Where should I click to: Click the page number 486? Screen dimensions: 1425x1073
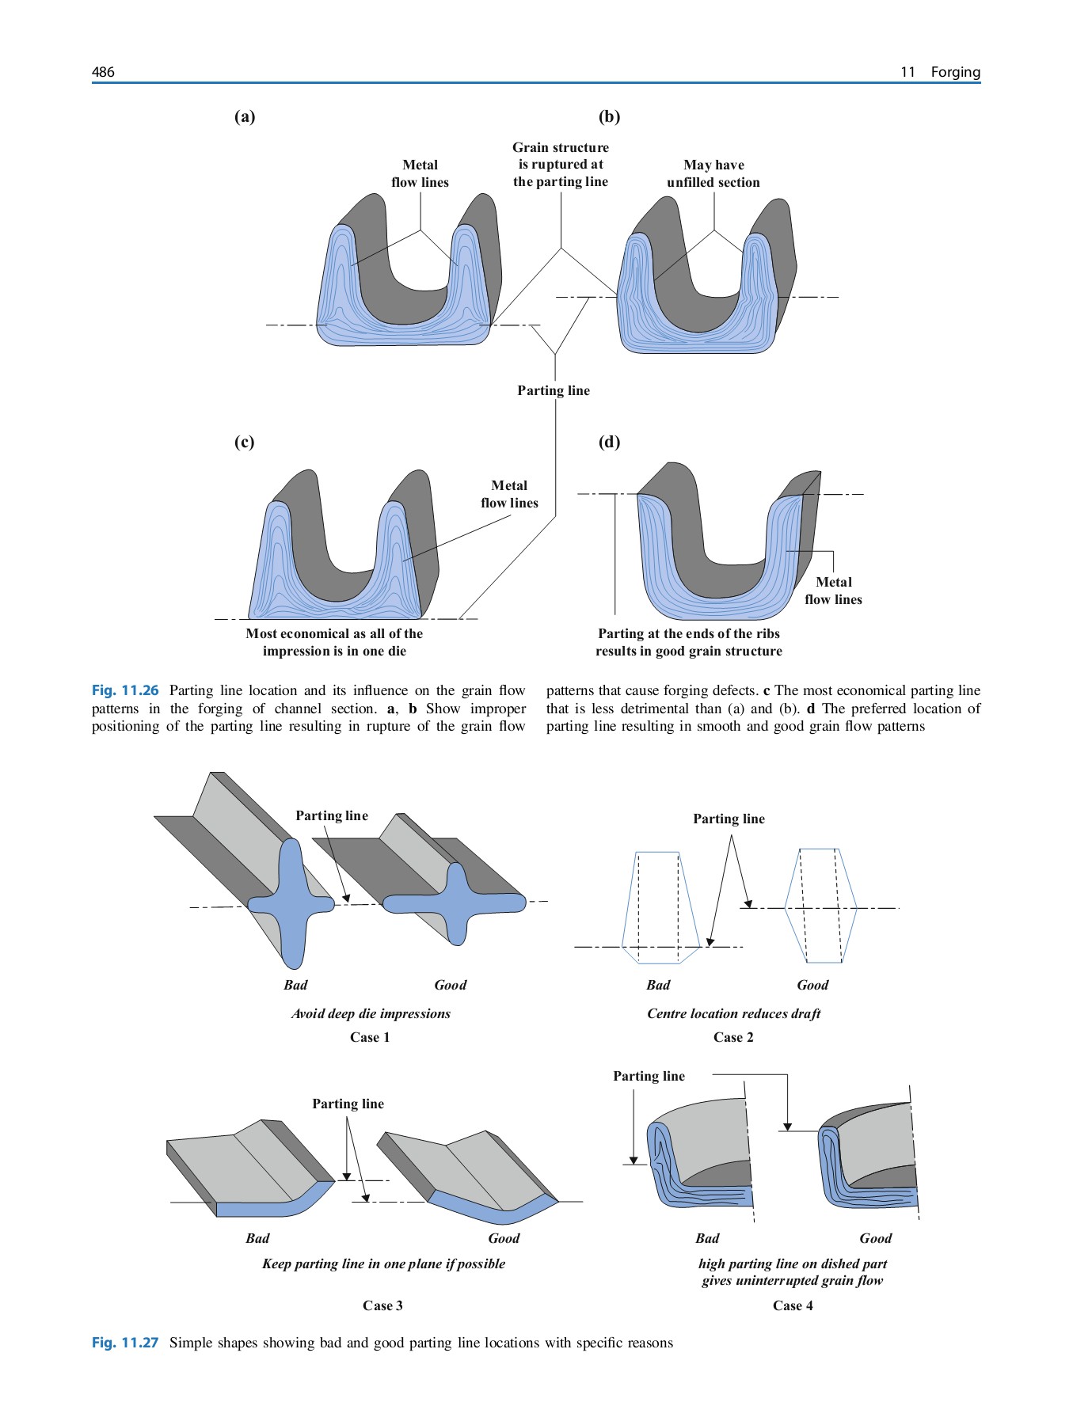point(103,72)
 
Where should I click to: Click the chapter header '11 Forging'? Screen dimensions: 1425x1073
point(940,72)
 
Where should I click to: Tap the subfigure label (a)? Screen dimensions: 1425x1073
point(245,117)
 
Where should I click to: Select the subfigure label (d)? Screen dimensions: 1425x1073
point(609,442)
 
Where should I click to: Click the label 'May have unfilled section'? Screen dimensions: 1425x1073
point(713,173)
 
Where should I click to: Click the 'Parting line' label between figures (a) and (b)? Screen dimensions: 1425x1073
point(554,390)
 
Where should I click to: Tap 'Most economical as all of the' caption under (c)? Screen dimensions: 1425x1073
point(334,634)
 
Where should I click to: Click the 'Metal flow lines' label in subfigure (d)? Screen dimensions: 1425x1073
point(833,591)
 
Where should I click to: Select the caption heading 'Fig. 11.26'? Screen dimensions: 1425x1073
point(125,690)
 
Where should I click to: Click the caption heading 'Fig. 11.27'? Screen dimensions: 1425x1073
point(125,1343)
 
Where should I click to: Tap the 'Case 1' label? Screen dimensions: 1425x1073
point(370,1037)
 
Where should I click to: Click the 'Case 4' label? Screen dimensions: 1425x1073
point(793,1305)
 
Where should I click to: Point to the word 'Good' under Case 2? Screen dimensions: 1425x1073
point(812,985)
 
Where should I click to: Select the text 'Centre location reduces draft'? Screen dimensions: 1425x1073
point(733,1013)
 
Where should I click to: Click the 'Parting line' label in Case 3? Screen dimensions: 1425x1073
point(348,1104)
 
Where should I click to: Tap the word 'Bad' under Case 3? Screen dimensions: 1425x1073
point(257,1238)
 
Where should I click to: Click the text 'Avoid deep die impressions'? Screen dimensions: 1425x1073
point(371,1013)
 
